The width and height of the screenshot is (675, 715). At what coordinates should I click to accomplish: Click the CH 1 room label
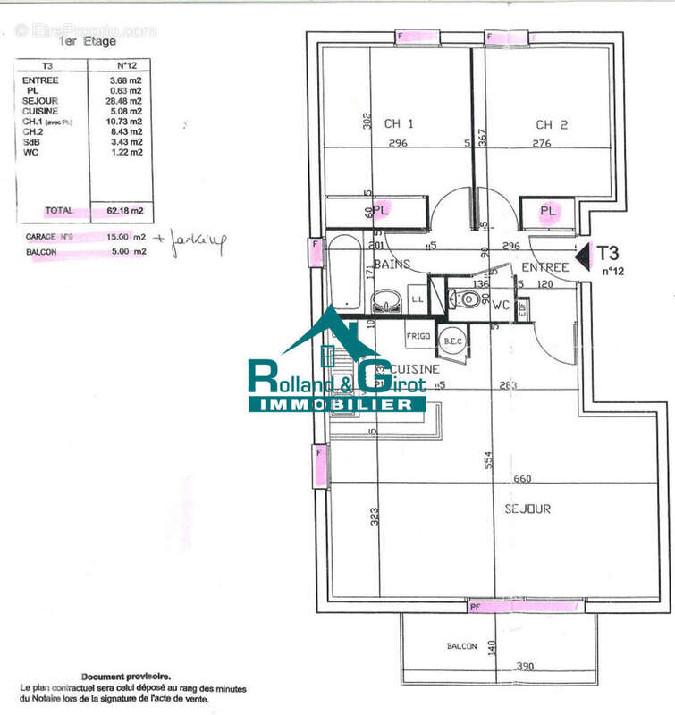[x=399, y=124]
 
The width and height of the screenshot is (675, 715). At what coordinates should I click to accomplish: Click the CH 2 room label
[x=552, y=125]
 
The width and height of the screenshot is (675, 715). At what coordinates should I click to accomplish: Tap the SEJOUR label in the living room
[x=527, y=509]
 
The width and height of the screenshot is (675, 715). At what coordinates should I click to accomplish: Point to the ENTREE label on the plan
[x=545, y=267]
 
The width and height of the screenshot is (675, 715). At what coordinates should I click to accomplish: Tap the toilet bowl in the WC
[x=468, y=300]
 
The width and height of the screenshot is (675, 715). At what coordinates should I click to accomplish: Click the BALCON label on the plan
[x=462, y=646]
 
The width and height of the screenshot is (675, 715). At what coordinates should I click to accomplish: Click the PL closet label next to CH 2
[x=548, y=211]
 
